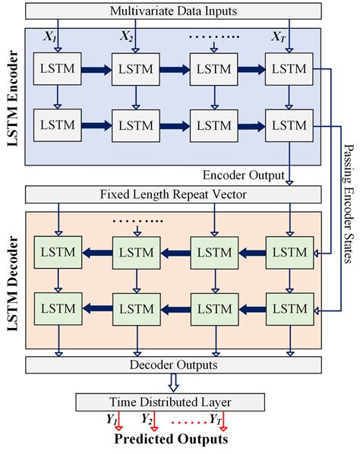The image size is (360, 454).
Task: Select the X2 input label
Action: [127, 36]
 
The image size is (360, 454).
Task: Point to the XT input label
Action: [278, 36]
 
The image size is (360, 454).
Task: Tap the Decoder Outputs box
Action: [172, 364]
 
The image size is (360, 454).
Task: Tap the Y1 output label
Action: [112, 418]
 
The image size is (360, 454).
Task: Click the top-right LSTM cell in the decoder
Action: [287, 251]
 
